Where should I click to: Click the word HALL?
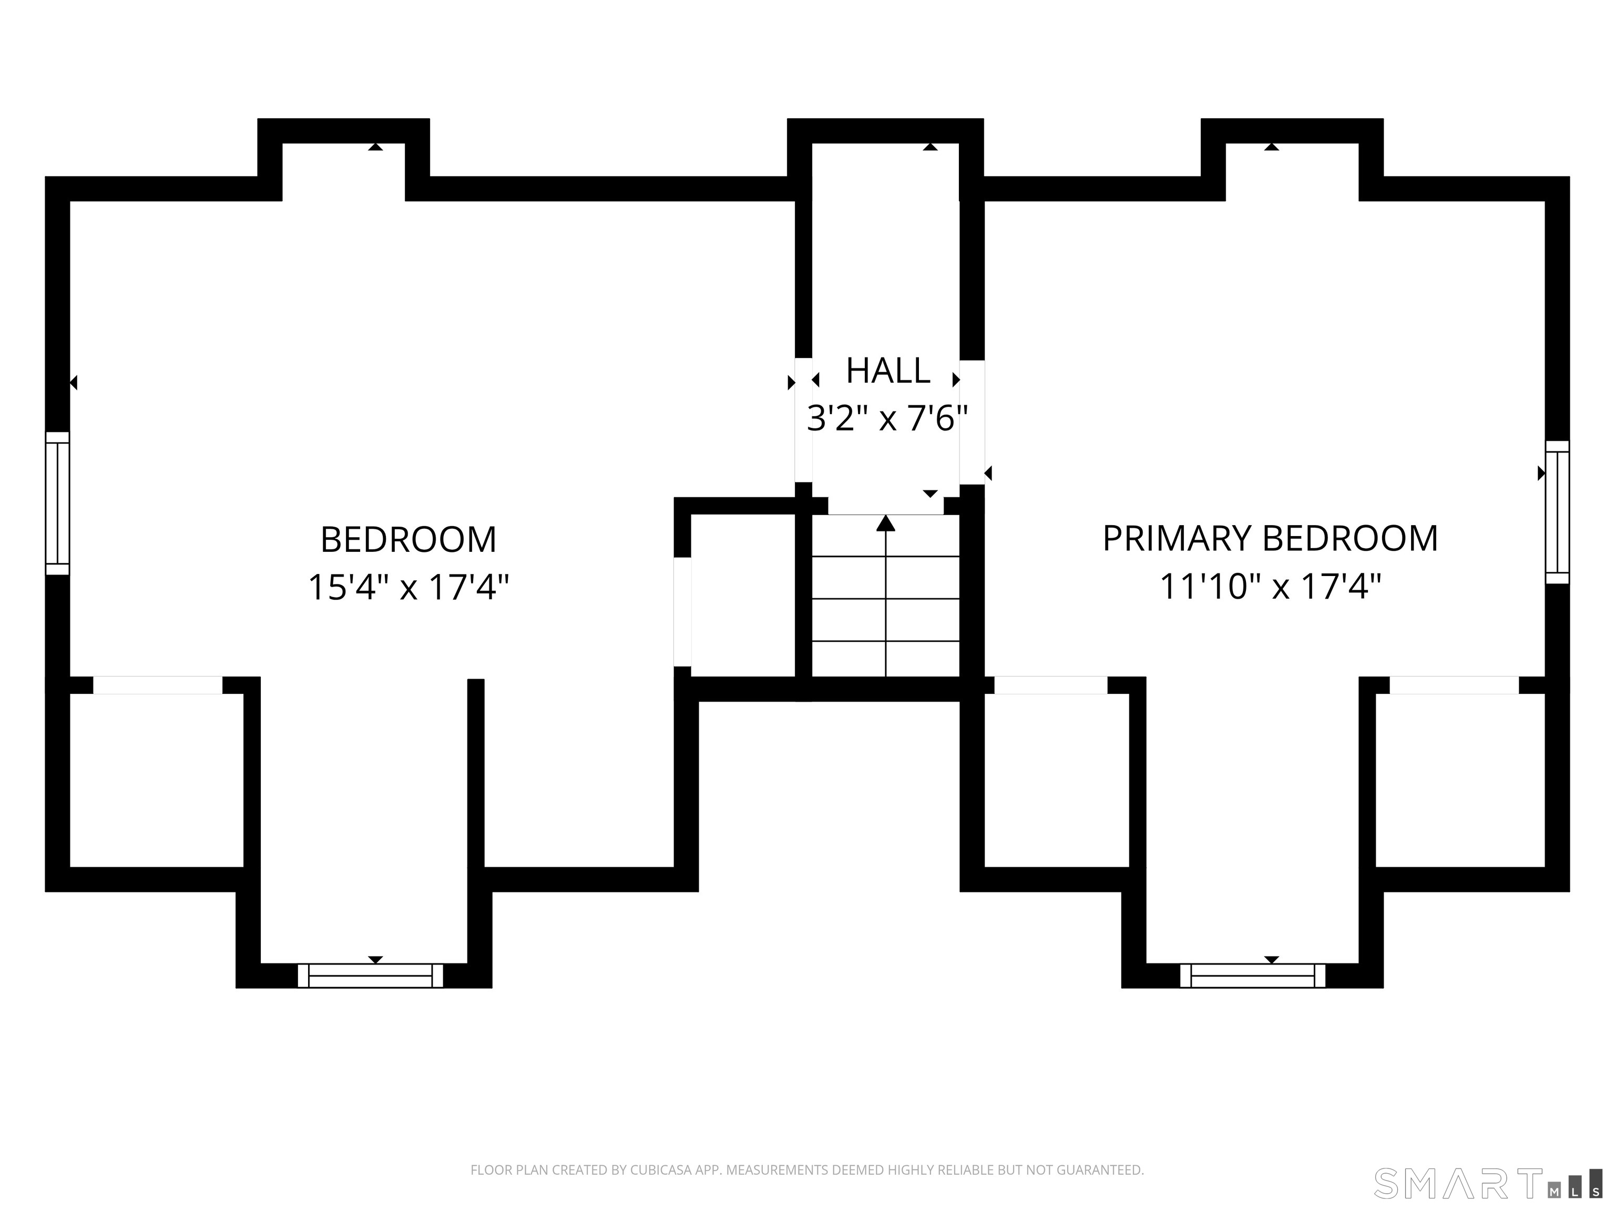click(x=888, y=371)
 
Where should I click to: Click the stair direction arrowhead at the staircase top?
click(x=886, y=522)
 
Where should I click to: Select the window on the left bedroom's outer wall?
click(x=58, y=504)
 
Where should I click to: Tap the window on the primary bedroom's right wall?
click(x=1557, y=512)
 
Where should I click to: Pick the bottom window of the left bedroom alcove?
click(x=370, y=976)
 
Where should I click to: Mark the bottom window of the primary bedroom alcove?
click(x=1252, y=976)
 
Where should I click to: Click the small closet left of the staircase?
click(x=742, y=596)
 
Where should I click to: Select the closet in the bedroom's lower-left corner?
click(x=156, y=781)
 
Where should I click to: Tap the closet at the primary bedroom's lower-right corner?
click(x=1460, y=781)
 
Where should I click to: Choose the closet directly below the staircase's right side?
click(x=1057, y=781)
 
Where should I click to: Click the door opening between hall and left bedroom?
click(x=803, y=420)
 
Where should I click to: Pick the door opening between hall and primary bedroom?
click(x=972, y=422)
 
